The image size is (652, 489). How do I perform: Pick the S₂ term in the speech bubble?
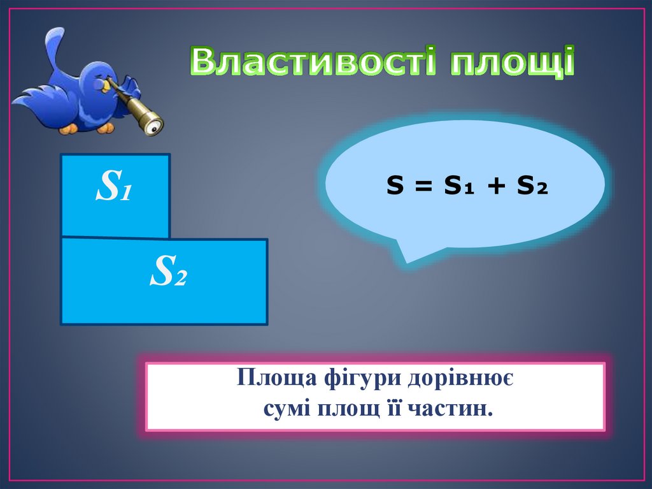tap(532, 186)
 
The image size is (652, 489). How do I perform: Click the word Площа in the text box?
tap(272, 379)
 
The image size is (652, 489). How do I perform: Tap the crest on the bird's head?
tap(56, 41)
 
